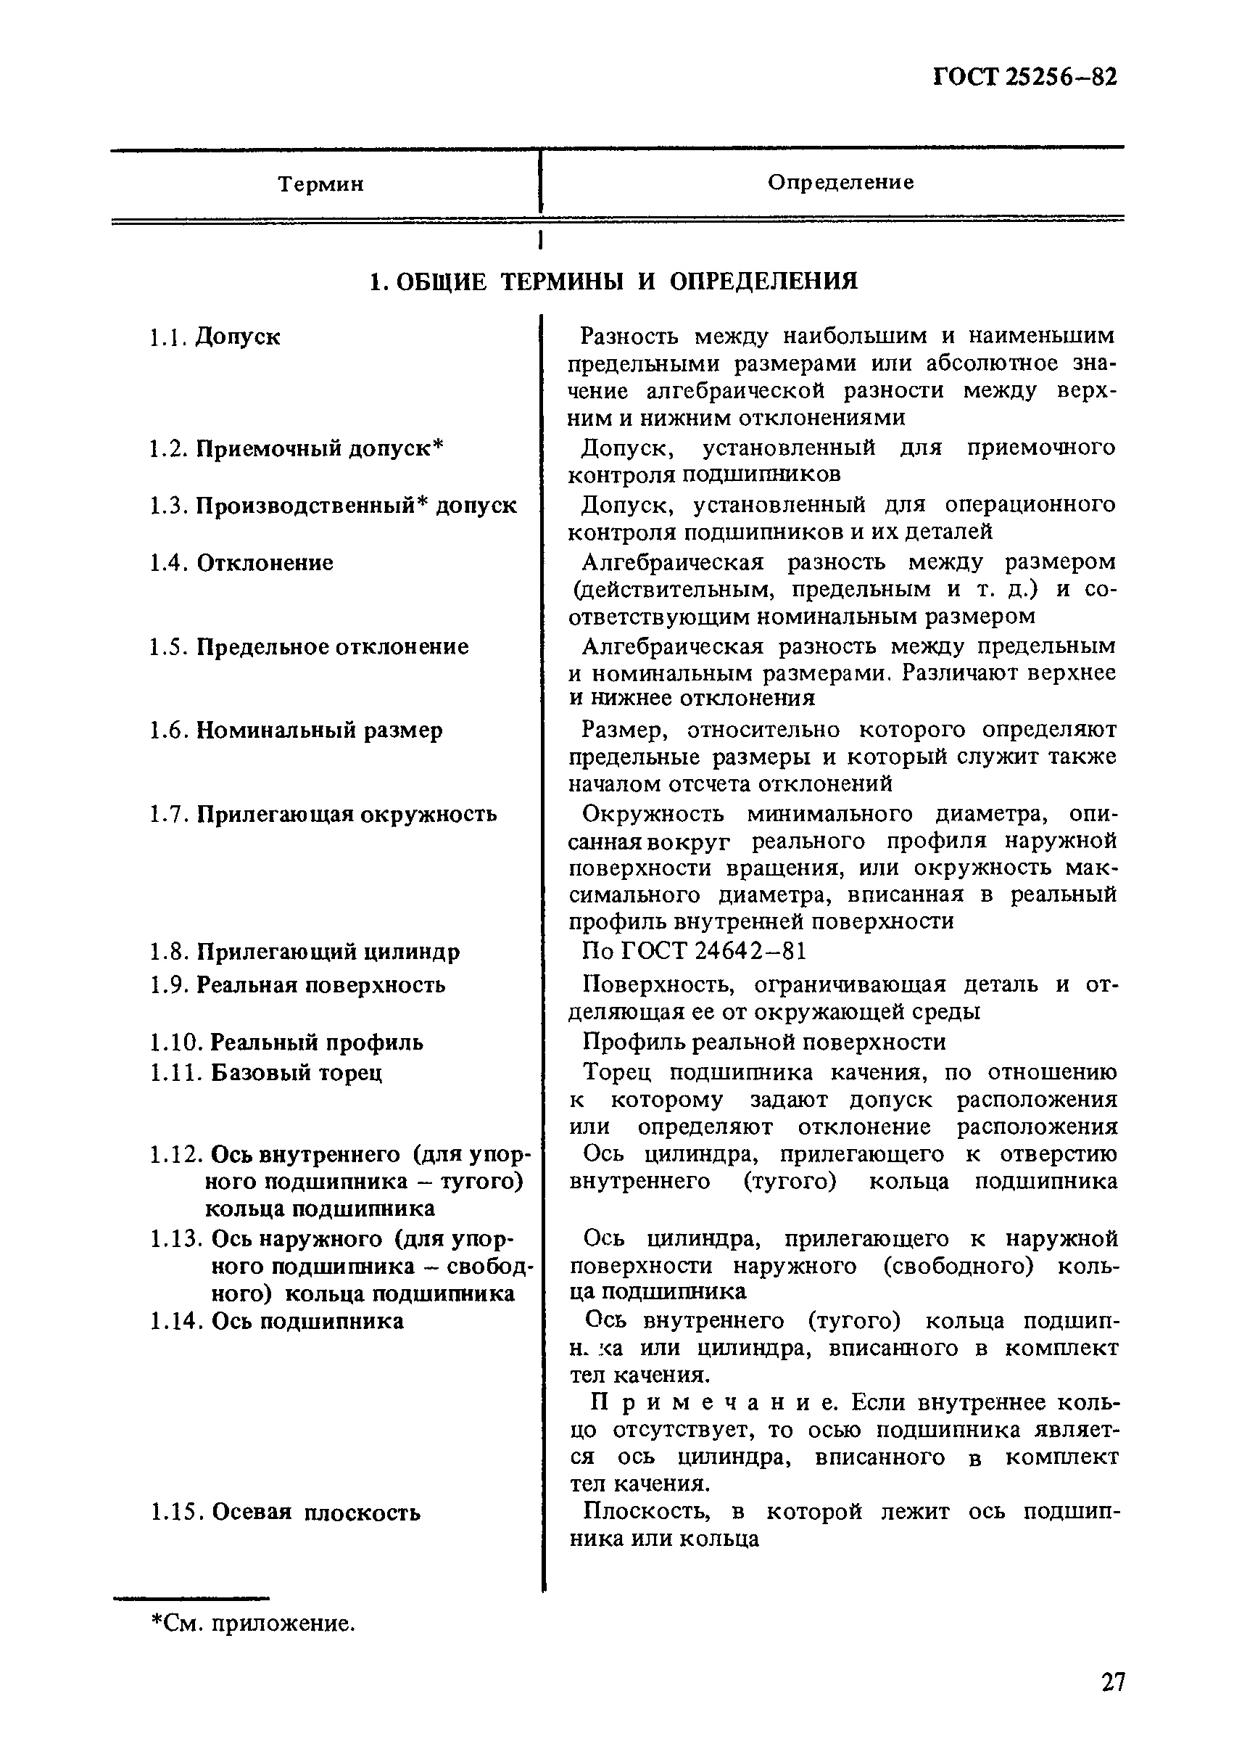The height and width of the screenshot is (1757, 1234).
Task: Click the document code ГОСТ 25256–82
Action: coord(1024,78)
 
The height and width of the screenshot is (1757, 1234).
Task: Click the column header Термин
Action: coord(320,184)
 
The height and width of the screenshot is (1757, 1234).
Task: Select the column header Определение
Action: coord(840,182)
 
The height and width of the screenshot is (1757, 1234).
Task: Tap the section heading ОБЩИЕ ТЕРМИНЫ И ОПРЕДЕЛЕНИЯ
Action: coord(613,281)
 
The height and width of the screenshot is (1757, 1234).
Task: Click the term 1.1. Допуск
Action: coord(216,337)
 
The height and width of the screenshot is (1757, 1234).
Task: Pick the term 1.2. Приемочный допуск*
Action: coord(297,448)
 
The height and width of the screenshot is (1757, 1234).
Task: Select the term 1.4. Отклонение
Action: coord(241,562)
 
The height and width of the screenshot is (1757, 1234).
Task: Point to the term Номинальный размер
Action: coord(319,730)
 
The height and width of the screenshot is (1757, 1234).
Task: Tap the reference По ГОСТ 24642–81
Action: coord(694,951)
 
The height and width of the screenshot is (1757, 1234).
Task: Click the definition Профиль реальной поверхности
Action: coord(763,1042)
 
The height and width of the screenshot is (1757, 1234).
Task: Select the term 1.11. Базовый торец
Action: coord(266,1072)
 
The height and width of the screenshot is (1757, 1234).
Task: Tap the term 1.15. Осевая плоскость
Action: coord(286,1512)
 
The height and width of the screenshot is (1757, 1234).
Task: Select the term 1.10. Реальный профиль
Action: coord(287,1042)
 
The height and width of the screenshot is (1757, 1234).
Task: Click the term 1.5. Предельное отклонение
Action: coord(309,646)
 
